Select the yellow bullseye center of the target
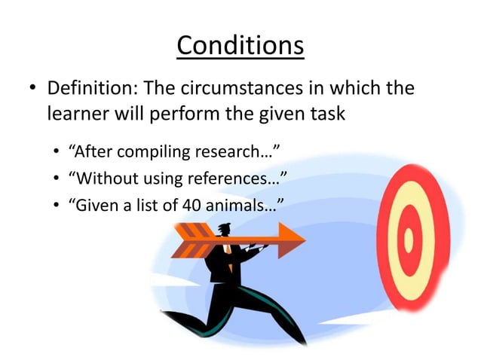[x=408, y=239]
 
